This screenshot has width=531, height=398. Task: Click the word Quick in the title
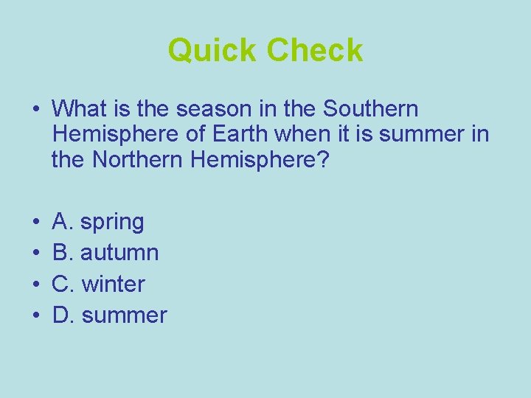213,51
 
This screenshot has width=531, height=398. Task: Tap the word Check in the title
315,51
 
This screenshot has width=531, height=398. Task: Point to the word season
206,109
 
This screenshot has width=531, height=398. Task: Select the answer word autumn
119,253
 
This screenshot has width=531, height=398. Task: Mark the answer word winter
114,284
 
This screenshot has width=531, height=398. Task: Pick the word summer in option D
125,315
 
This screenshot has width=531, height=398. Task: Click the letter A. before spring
63,221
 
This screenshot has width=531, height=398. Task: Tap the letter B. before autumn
63,253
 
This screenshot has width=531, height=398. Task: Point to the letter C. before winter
63,284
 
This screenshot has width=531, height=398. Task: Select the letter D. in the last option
63,315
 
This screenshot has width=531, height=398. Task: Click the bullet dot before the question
35,110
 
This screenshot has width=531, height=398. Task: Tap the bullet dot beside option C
35,284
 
